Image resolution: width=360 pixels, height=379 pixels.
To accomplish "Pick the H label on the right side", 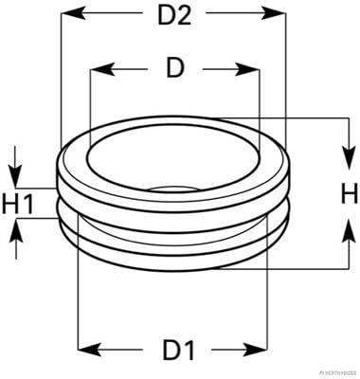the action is (348, 194).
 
